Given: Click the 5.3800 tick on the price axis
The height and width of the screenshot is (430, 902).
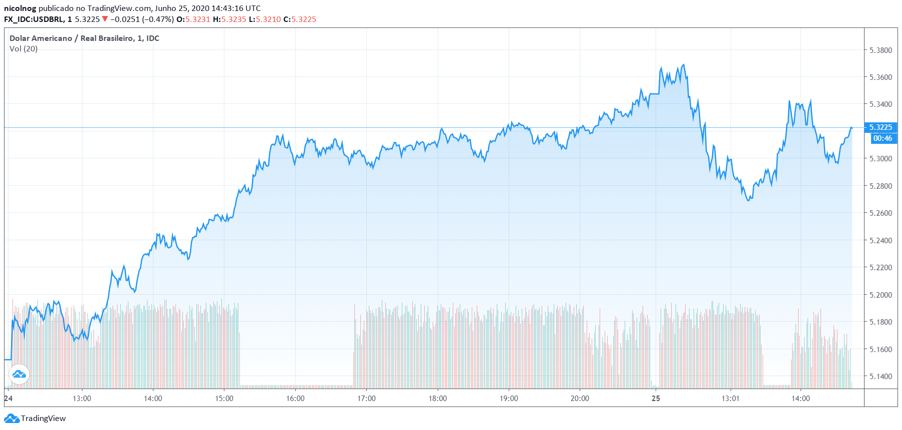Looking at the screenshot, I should [x=881, y=50].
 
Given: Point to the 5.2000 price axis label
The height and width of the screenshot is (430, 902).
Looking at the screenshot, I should [x=881, y=295].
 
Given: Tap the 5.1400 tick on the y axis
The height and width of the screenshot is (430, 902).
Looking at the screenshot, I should [x=881, y=377].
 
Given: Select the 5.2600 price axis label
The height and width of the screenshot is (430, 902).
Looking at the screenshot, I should [x=881, y=213].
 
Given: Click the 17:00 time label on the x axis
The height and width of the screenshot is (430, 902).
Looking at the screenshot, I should [x=366, y=399].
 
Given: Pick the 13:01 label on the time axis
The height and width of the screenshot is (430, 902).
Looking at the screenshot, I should [x=730, y=399].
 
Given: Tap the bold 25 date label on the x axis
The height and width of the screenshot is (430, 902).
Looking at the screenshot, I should [x=656, y=399].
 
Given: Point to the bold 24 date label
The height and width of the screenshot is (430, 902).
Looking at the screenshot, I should [x=8, y=399].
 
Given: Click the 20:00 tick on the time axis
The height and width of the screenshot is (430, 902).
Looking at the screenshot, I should [x=580, y=399].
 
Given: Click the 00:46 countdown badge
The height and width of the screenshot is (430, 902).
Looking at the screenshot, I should [x=883, y=138].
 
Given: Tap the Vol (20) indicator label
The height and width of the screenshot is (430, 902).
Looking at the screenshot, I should [x=23, y=49].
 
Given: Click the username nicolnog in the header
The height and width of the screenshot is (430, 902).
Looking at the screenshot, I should [x=20, y=8].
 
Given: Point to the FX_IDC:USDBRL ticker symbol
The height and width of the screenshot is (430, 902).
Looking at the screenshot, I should [x=34, y=19].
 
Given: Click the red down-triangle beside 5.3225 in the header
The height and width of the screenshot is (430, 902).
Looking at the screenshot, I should [x=105, y=19].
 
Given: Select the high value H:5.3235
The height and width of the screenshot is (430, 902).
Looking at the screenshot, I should [x=229, y=19].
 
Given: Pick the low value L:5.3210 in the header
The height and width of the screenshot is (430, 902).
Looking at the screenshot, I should [x=265, y=19].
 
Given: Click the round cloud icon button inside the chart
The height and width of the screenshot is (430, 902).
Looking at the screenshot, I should [x=19, y=374].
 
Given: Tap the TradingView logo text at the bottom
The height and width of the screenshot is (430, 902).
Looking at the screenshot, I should [x=43, y=419].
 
